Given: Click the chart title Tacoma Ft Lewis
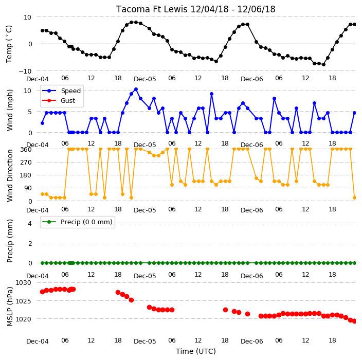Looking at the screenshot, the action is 152,9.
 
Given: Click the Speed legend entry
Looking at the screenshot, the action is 61,91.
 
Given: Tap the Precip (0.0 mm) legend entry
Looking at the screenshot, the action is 77,222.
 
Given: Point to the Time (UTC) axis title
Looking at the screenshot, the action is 196,351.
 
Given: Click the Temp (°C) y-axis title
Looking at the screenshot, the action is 9,44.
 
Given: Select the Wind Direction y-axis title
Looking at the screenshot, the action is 10,176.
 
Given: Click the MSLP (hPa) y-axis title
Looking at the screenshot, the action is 10,307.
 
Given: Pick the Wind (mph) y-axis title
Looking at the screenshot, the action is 10,110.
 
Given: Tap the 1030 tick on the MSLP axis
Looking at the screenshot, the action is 23,283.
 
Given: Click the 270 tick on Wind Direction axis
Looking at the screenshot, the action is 26,163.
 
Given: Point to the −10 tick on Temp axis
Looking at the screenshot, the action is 25,71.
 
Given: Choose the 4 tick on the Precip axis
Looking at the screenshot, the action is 30,223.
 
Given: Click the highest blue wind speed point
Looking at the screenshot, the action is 136,89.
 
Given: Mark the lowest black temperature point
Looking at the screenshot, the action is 323,64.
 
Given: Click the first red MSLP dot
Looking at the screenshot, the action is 42,292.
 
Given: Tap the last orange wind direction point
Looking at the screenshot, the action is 355,197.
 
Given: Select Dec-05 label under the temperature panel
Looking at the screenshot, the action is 145,79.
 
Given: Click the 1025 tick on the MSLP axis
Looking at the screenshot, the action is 23,301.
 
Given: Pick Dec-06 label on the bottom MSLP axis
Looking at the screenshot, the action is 251,341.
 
